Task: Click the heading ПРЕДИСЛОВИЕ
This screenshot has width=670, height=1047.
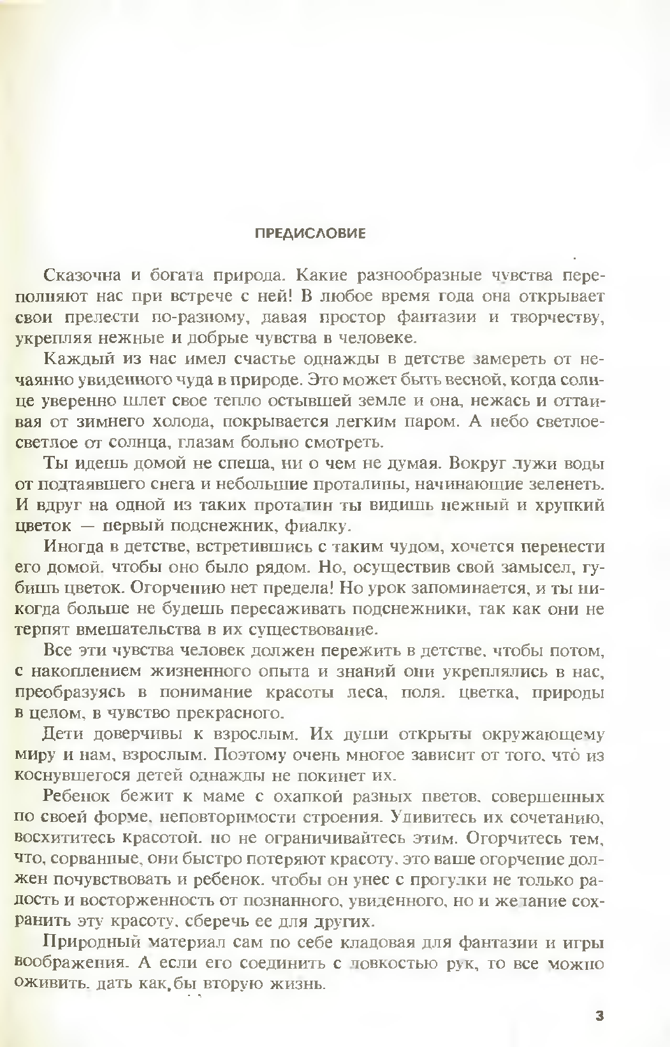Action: tap(310, 233)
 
